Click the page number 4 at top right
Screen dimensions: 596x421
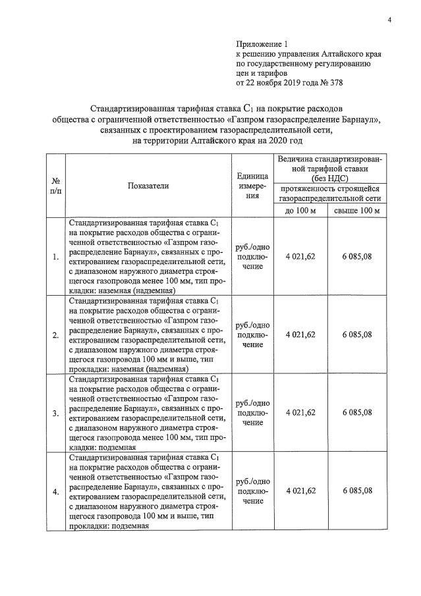coord(389,20)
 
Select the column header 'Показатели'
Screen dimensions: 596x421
coord(148,186)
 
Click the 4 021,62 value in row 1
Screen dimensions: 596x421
coord(300,256)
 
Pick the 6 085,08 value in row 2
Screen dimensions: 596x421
coord(357,335)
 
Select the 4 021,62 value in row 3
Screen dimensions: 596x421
coord(300,412)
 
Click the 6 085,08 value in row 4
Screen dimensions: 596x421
coord(357,491)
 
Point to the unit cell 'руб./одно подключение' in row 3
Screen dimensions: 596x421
coord(252,413)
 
